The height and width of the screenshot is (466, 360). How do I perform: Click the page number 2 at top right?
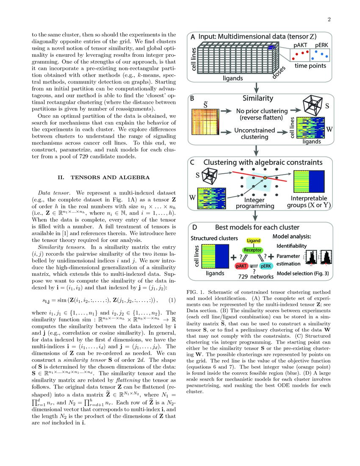328,19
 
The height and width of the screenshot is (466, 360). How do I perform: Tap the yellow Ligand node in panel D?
253,241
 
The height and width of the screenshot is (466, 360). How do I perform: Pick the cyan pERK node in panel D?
266,266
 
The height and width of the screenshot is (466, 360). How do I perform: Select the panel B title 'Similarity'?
257,98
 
